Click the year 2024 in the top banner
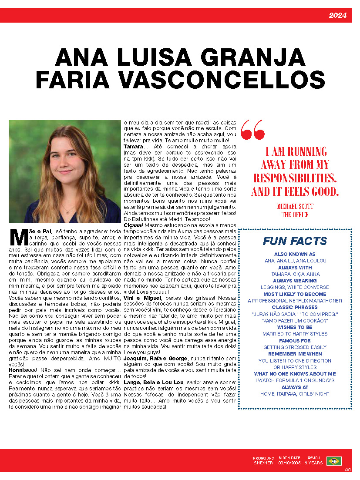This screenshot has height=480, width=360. [337, 16]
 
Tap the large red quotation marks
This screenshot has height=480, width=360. [252, 130]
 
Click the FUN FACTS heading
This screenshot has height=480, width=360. [295, 241]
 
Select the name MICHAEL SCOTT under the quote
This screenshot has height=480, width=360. [295, 206]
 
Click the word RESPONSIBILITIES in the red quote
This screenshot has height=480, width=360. [295, 178]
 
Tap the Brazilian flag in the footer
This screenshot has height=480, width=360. [334, 461]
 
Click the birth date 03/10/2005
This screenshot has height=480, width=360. [289, 463]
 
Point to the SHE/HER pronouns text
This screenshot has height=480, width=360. [263, 463]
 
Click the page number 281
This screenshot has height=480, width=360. [347, 469]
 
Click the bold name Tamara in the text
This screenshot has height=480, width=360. [133, 147]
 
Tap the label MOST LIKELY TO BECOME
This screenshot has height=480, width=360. [295, 294]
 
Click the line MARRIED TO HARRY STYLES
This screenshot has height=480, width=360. [295, 334]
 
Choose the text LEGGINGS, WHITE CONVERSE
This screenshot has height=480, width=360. [295, 287]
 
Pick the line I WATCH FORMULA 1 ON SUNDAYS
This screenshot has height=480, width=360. [295, 380]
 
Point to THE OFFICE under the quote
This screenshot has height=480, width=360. [295, 215]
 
